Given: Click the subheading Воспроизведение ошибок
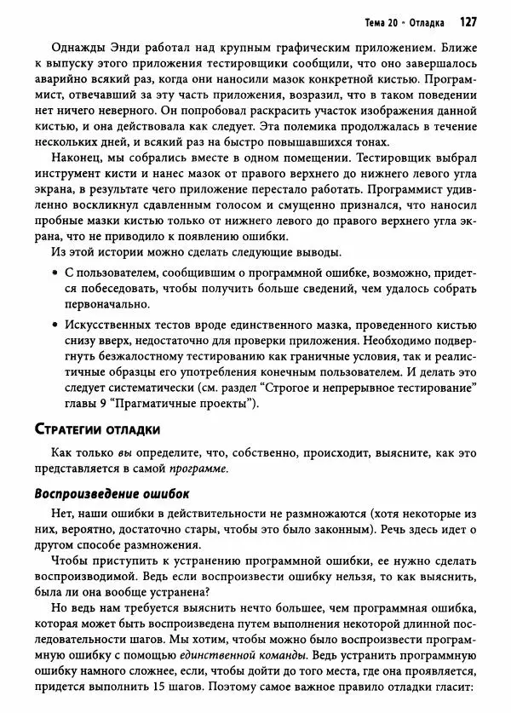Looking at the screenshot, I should point(111,493).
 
